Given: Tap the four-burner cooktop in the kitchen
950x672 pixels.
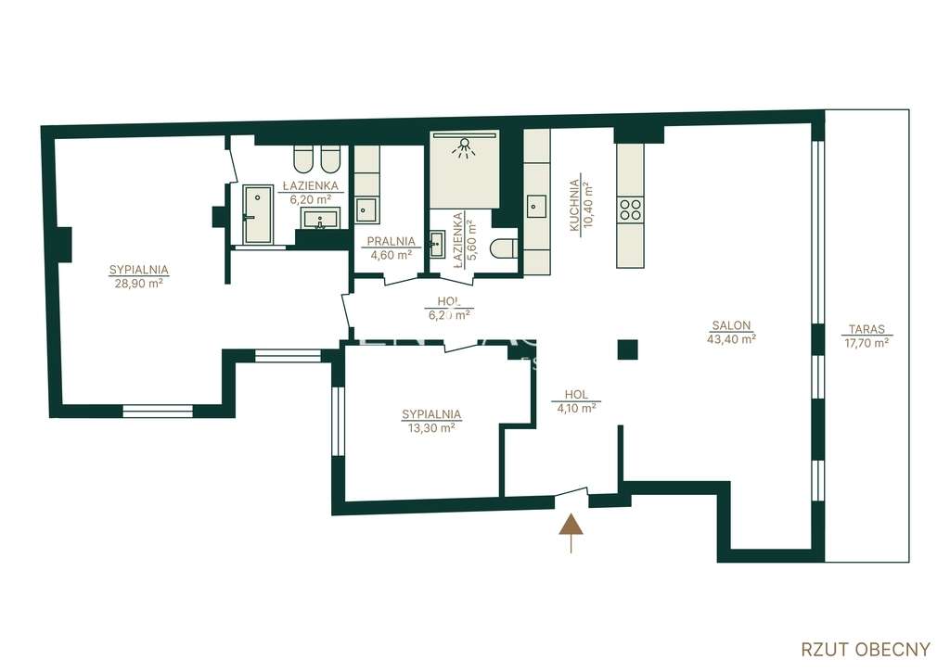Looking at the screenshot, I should click(x=631, y=209).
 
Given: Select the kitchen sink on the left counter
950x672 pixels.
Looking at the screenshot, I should click(x=536, y=206).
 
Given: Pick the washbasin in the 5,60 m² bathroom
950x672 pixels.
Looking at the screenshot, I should click(x=437, y=245).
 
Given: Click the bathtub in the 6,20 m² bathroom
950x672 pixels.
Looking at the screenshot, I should click(x=253, y=215).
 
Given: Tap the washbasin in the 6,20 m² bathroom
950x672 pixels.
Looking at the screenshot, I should click(x=320, y=219).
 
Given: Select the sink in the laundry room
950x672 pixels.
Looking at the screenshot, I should click(x=367, y=209).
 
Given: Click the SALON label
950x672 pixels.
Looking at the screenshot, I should click(x=731, y=325).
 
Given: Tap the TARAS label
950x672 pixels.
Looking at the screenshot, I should click(x=867, y=329).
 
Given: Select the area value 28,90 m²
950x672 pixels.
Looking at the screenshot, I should click(x=138, y=284).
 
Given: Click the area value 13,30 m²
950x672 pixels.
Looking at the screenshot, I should click(x=430, y=428).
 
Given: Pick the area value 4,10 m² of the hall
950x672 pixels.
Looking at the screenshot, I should click(x=575, y=407).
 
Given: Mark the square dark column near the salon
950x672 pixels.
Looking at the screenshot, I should click(x=628, y=349).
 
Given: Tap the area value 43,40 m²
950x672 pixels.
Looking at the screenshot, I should click(x=731, y=339).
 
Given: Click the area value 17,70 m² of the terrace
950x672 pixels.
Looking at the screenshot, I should click(x=867, y=342).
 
